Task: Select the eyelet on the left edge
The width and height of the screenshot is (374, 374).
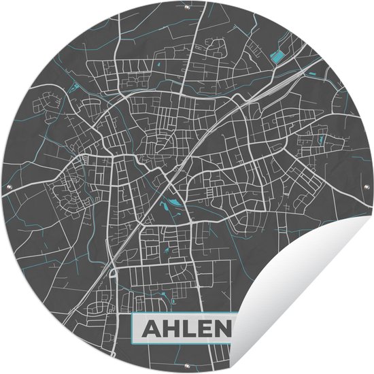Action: coord(8,187)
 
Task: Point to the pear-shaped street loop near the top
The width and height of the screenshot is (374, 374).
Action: coord(219,48)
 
